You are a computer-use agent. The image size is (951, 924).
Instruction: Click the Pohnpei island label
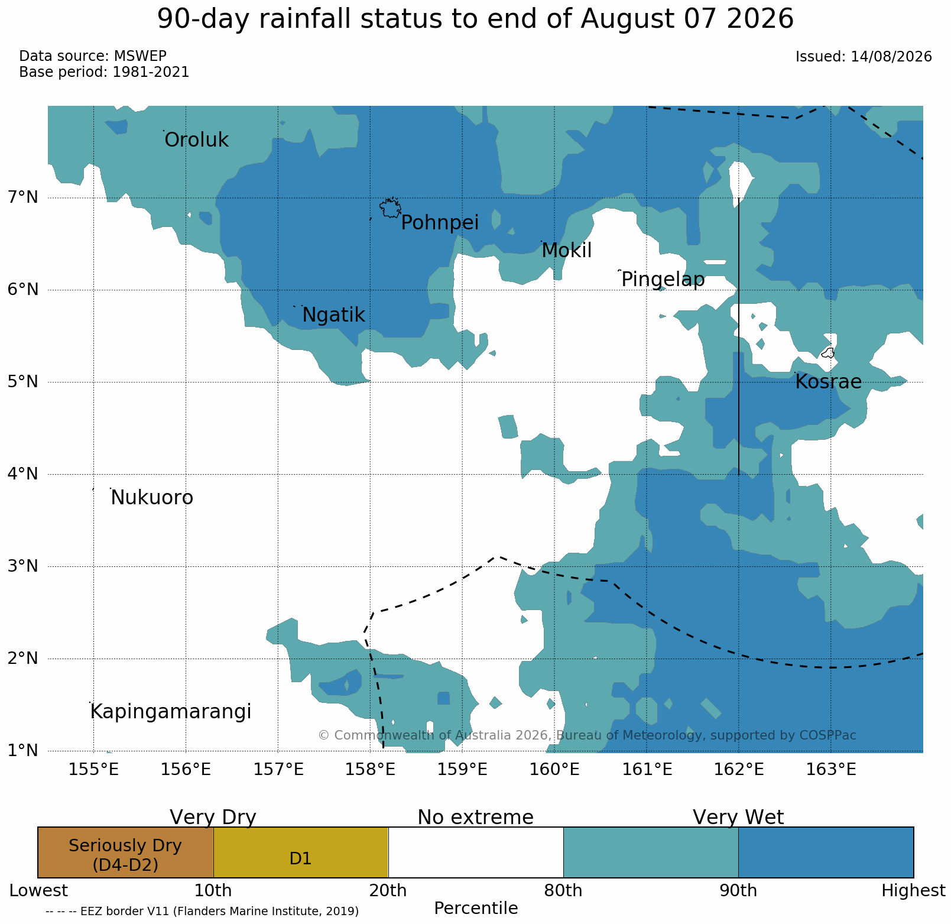click(440, 223)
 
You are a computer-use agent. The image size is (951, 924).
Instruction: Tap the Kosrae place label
click(828, 382)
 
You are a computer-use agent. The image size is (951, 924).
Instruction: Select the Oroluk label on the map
click(196, 141)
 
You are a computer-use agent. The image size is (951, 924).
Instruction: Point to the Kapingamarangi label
click(171, 712)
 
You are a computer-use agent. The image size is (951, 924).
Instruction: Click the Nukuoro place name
click(152, 498)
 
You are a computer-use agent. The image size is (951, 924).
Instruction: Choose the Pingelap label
click(663, 280)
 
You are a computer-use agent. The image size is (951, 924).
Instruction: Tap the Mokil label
click(566, 251)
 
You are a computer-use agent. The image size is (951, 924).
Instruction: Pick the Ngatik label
click(334, 316)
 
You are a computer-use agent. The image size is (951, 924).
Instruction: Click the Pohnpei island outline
click(390, 208)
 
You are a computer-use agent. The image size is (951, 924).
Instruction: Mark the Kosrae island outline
click(828, 353)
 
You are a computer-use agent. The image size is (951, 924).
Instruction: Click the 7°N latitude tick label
click(22, 197)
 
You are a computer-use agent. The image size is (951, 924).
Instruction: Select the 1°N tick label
click(22, 751)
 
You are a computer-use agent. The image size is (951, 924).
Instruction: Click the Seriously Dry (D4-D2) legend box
click(125, 852)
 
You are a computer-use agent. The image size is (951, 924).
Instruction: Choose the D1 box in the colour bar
click(301, 852)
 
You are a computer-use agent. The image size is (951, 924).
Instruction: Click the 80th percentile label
click(563, 891)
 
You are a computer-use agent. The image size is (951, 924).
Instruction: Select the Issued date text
click(864, 57)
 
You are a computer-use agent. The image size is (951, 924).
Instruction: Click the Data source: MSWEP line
click(93, 56)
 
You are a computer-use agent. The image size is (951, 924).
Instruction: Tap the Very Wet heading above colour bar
click(738, 818)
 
